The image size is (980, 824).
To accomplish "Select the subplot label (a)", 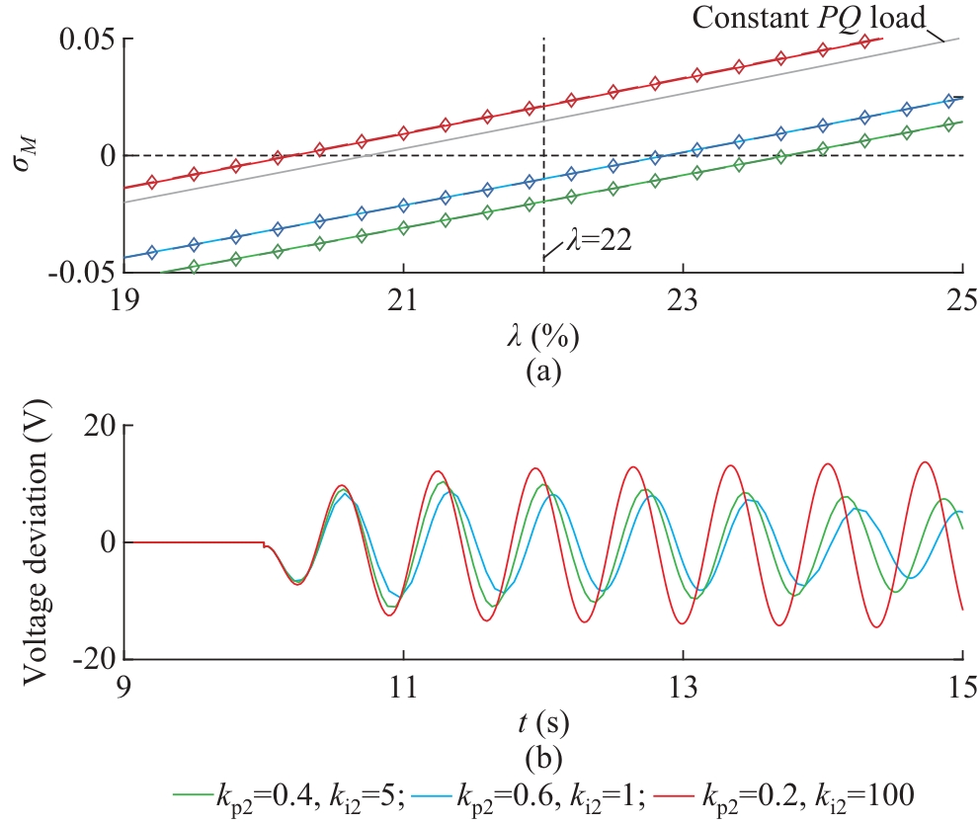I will [x=542, y=373].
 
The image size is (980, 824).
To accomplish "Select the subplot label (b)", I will [x=542, y=759].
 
